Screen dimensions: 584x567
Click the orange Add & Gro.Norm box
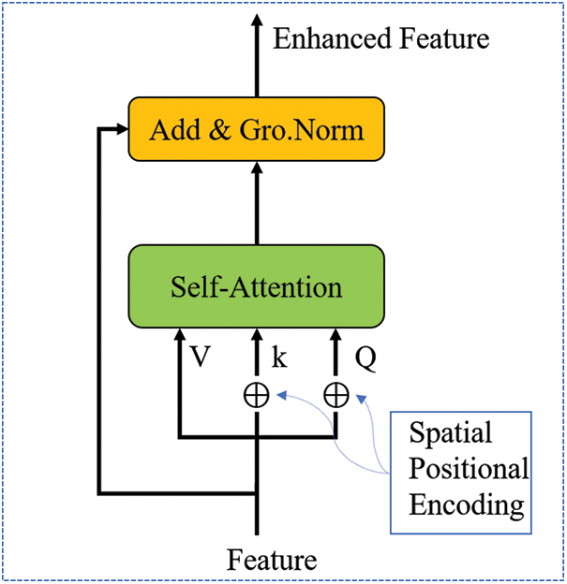256,128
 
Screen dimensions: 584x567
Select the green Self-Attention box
256,285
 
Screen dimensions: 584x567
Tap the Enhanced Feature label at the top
380,38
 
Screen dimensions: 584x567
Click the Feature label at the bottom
272,560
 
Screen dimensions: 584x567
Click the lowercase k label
277,358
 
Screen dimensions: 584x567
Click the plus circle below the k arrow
256,396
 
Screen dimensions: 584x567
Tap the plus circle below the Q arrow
335,396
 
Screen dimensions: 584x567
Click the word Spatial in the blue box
450,433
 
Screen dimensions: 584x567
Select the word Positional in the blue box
469,469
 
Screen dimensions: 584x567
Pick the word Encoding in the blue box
466,504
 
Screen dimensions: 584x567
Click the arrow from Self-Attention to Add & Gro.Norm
256,201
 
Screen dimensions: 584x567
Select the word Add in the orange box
177,128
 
